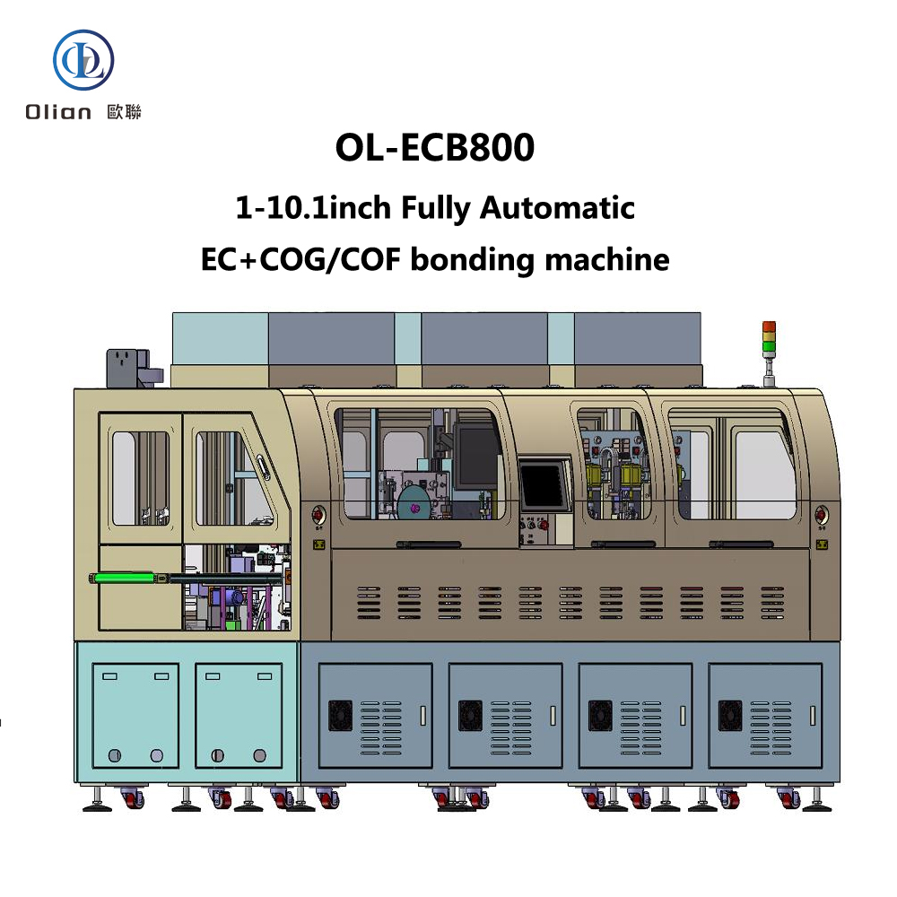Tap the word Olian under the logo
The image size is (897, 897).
point(58,112)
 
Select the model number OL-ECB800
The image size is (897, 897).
point(434,148)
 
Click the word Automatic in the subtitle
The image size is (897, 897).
point(557,208)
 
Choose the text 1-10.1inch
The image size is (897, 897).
point(313,208)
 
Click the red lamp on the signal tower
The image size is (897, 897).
point(769,327)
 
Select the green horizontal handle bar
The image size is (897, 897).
point(129,579)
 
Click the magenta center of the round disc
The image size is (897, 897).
point(414,509)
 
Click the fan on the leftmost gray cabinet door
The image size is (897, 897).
point(341,715)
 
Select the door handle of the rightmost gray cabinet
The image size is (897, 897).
point(812,715)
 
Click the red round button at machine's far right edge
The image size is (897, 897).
point(821,514)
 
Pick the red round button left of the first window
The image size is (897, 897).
point(317,514)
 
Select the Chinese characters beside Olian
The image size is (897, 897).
point(124,112)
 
